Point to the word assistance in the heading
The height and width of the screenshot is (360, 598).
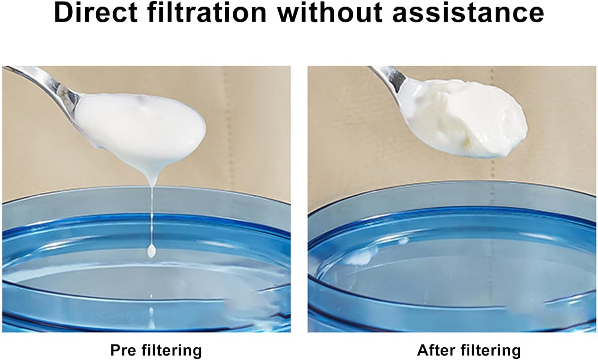(468, 13)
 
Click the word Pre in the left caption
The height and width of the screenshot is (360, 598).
(123, 350)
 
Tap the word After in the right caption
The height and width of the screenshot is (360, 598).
(437, 350)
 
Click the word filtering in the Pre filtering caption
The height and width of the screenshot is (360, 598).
(171, 350)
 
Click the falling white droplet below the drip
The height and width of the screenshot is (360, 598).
(151, 251)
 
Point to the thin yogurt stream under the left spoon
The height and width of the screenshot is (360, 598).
(152, 211)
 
